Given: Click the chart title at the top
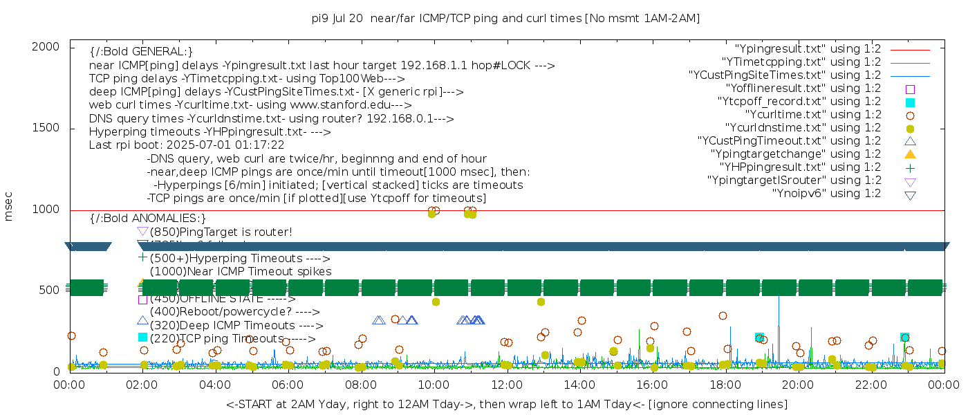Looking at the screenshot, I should (x=505, y=19).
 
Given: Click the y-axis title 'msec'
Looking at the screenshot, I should (x=9, y=206).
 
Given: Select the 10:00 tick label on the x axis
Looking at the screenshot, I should (x=434, y=384).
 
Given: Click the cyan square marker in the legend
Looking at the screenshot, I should (x=910, y=102).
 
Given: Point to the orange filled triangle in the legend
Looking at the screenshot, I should (x=910, y=154).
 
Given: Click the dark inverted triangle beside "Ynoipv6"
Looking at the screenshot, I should (x=910, y=194).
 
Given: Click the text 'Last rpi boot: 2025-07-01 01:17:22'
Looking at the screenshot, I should (x=187, y=145).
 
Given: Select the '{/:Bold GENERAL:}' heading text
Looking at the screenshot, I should (x=141, y=52).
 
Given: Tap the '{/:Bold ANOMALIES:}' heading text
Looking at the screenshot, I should (x=148, y=219).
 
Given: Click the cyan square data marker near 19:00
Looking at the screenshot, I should (x=759, y=338).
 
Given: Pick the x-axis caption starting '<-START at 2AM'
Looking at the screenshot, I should (x=506, y=404).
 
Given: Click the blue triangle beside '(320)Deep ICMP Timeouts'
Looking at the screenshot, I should (x=142, y=321).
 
